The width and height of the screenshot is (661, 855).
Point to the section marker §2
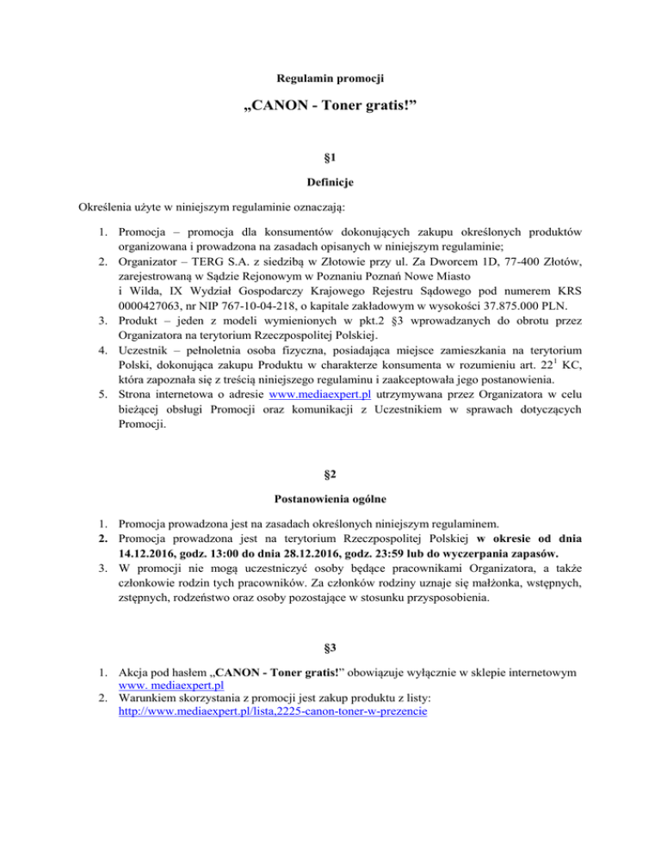[330, 472]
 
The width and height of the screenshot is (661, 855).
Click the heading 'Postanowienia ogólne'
[330, 498]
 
